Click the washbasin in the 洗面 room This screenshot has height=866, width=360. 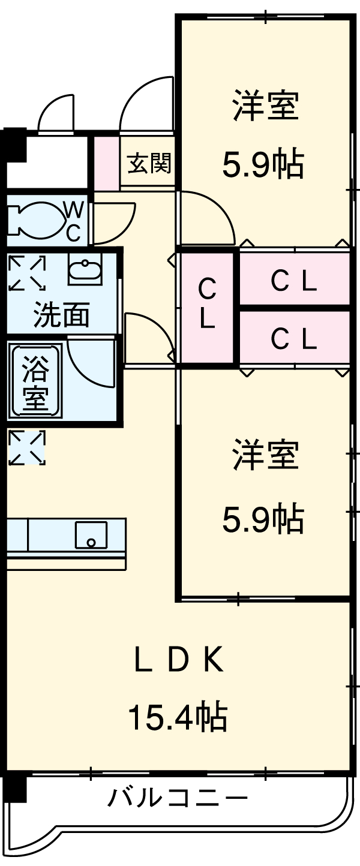(85, 269)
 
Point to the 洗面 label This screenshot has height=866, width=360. (61, 314)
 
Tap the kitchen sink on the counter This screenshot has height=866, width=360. (91, 534)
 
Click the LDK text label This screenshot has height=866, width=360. (178, 661)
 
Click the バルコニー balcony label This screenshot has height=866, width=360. (178, 798)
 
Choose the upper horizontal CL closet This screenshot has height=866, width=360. (293, 281)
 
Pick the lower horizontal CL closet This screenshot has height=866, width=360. (293, 339)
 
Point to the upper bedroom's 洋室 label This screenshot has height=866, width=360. (265, 106)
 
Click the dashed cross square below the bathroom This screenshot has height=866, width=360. (26, 448)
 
